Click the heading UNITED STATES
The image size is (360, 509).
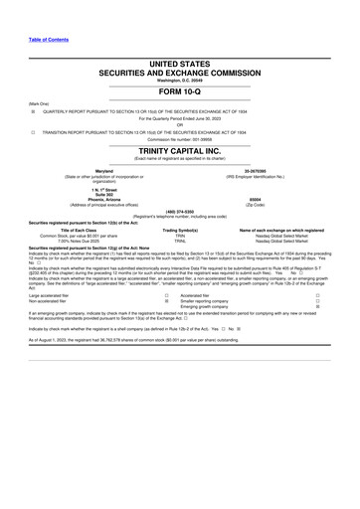pyautogui.click(x=180, y=62)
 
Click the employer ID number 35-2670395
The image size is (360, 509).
pyautogui.click(x=270, y=171)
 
